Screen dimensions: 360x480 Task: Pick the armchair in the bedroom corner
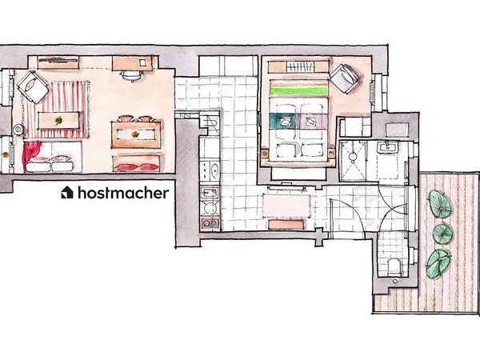346,78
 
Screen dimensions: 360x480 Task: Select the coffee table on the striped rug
59,120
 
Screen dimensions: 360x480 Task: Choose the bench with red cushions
138,165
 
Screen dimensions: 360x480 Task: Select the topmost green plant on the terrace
438,202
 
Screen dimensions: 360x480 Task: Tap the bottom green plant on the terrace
438,261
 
